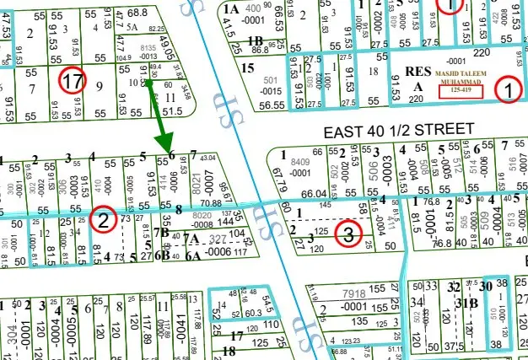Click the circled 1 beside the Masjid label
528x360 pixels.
508,88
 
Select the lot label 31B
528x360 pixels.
461,304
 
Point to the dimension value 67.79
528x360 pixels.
277,175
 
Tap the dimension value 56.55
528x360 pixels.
272,105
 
